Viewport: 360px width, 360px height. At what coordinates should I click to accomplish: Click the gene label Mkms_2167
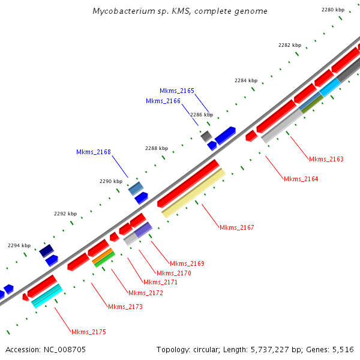236,227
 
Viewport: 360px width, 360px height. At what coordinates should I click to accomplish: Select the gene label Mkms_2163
326,159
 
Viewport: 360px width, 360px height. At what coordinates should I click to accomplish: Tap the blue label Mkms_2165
177,91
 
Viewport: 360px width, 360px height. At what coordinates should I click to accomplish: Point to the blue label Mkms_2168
93,152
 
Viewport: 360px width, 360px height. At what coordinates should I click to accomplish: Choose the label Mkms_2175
88,332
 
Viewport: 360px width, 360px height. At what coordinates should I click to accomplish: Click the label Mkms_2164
301,179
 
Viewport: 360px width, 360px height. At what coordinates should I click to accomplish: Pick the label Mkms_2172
146,293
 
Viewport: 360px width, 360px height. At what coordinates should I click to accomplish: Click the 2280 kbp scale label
333,10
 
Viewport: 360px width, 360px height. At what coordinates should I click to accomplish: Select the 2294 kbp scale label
19,245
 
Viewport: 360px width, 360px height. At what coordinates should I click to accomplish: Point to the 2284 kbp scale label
246,80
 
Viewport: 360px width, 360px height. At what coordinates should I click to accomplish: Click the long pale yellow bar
194,193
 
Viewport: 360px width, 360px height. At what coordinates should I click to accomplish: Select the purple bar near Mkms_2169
143,230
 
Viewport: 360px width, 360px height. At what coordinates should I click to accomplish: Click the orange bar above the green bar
103,256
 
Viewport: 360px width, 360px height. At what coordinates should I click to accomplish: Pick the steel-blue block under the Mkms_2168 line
136,188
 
